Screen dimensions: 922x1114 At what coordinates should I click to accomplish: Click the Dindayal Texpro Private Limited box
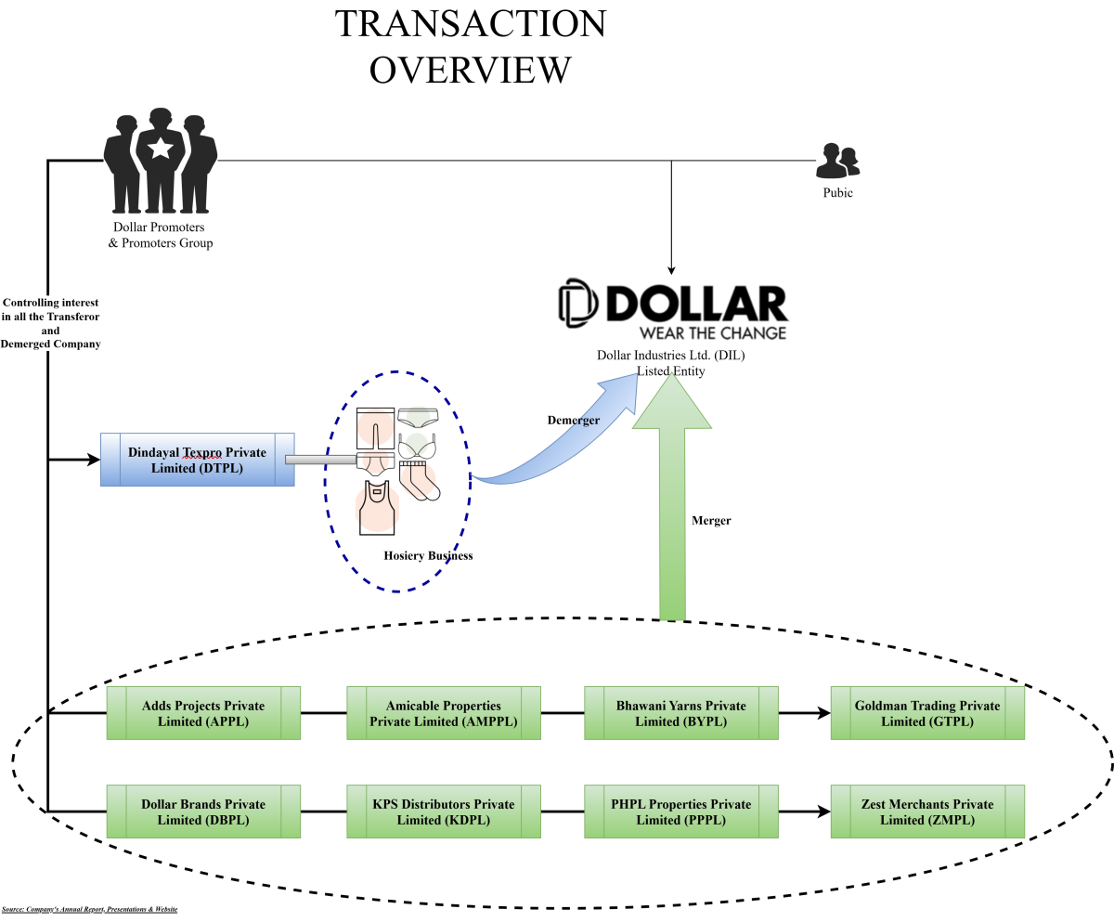coord(197,459)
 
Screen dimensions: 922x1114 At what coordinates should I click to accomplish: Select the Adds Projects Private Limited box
coord(203,713)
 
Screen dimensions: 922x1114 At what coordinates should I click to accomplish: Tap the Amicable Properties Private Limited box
coord(444,713)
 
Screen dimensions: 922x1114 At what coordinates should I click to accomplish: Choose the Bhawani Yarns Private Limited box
coord(681,713)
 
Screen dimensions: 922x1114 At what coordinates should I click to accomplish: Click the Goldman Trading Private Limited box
coord(927,713)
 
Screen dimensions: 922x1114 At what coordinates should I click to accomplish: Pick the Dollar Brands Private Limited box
coord(203,812)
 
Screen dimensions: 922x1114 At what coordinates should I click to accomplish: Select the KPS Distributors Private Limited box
coord(444,812)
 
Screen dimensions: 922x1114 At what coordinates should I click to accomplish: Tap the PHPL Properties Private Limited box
coord(681,812)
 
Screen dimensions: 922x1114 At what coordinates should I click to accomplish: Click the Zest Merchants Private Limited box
coord(927,812)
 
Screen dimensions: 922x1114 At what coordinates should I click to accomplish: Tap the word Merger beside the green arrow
coord(711,521)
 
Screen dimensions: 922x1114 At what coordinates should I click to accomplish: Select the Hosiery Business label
coord(428,556)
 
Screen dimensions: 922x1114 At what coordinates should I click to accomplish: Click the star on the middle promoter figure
coord(161,148)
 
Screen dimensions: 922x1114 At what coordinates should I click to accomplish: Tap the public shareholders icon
coord(837,162)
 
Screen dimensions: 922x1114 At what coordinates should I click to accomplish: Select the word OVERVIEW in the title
coord(470,70)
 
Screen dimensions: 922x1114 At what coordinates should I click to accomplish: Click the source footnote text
coord(89,909)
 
